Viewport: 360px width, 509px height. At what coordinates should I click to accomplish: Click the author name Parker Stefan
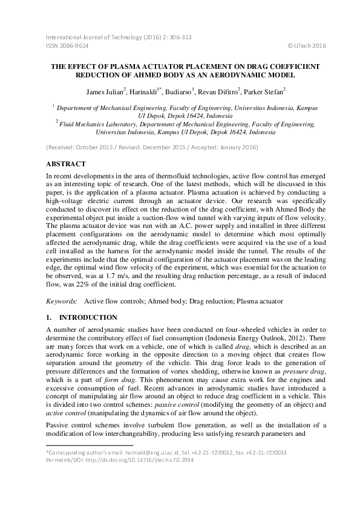(x=264, y=92)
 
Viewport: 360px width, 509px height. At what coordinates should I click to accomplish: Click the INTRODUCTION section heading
(x=82, y=317)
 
